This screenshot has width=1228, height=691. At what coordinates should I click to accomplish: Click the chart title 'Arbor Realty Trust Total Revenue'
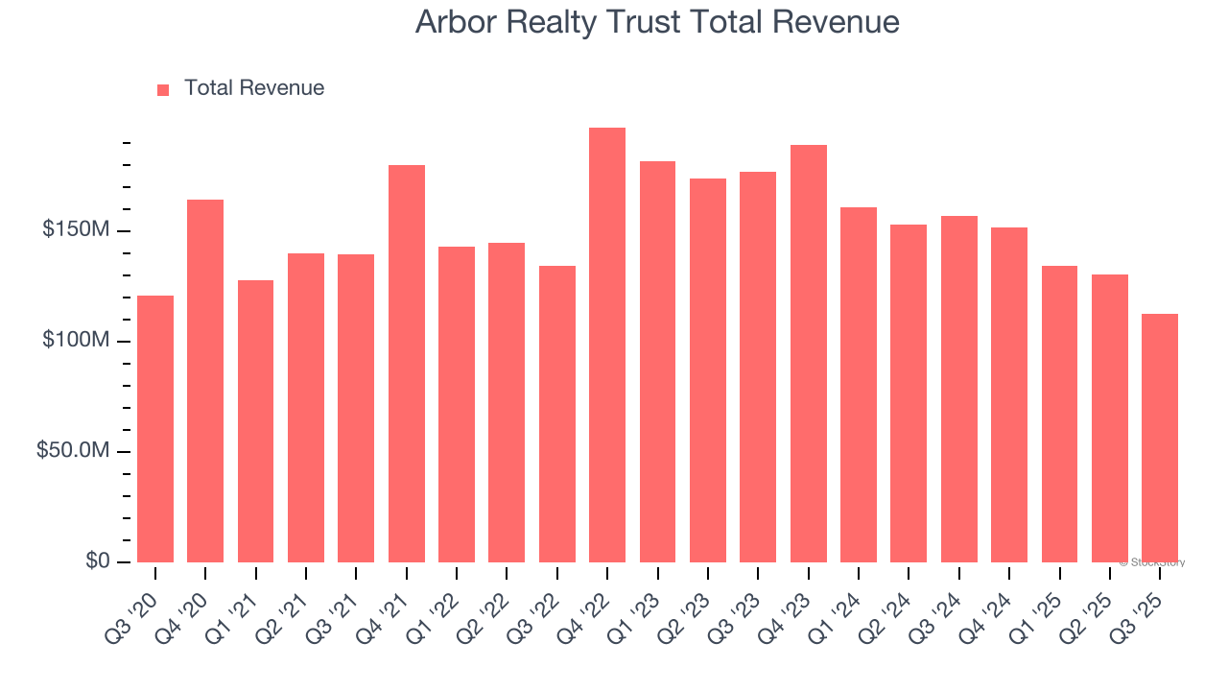657,22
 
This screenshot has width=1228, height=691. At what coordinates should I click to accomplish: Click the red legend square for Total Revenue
163,89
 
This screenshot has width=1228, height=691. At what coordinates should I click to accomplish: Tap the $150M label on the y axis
76,230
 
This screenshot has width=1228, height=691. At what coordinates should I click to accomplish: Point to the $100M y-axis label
76,341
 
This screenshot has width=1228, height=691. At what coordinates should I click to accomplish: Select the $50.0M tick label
73,451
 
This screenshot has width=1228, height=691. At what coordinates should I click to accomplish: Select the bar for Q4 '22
607,345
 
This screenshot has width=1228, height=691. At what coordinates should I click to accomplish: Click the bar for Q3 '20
155,429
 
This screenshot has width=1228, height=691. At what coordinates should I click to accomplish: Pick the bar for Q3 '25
1160,438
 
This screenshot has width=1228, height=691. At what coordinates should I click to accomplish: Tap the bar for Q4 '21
407,364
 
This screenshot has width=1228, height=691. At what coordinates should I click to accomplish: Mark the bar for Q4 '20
205,381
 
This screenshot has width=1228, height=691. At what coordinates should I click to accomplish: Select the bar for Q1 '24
859,385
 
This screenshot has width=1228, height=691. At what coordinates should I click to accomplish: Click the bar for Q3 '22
557,414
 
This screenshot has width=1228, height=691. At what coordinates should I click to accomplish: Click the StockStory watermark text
1152,562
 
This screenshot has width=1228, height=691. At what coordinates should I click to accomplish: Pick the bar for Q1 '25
1059,414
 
